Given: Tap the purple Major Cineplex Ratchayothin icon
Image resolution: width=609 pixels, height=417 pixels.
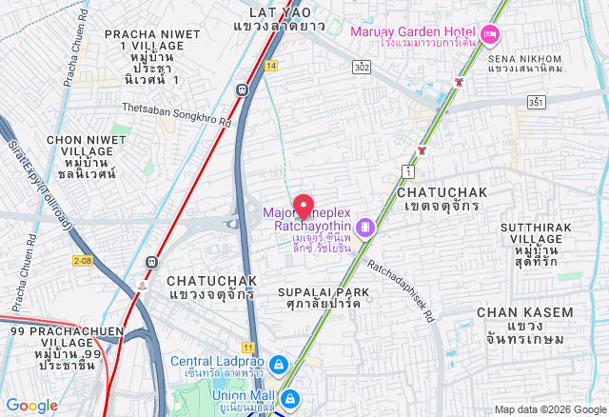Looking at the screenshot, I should click(364, 228).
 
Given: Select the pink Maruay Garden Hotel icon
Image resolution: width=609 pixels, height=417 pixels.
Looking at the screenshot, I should click(490, 35).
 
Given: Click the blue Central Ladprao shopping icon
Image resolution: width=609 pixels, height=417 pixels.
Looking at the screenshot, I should click(278, 365).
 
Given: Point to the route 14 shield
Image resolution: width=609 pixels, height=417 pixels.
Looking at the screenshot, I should click(272, 66).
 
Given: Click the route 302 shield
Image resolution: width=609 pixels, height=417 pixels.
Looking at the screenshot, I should click(362, 67).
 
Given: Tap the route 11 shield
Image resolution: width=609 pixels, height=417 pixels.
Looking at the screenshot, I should click(248, 347).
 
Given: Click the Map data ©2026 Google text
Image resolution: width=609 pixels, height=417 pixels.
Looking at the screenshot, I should click(549, 409).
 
